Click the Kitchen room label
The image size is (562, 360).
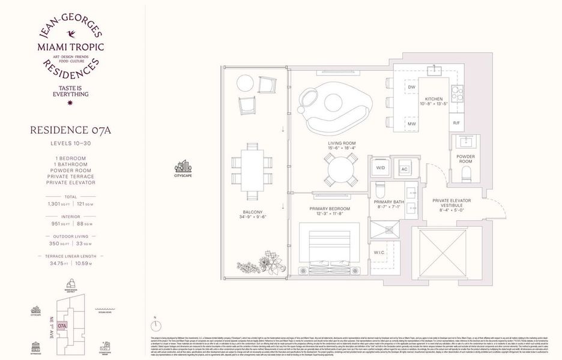[434, 98]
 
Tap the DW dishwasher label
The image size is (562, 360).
[412, 87]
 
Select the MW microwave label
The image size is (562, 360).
[412, 124]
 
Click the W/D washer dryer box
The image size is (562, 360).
[381, 168]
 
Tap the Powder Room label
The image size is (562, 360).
[465, 160]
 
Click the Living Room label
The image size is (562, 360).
[342, 144]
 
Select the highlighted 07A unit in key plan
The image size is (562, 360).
[62, 326]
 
